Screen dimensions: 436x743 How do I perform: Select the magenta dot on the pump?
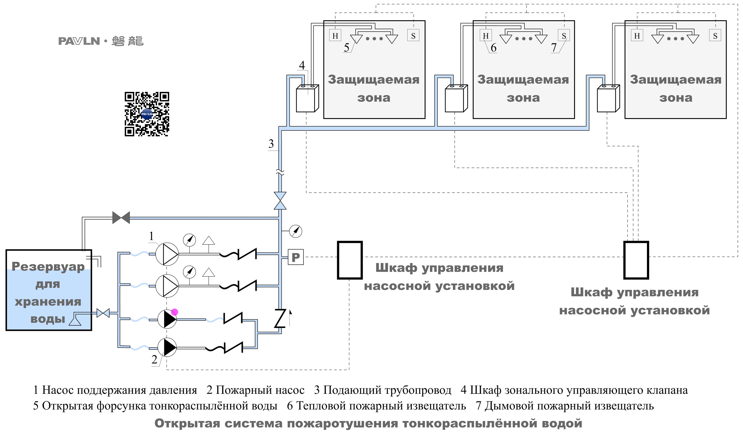point(175,312)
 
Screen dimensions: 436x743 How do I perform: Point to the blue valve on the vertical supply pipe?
point(280,201)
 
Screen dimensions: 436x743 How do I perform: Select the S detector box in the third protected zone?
point(715,36)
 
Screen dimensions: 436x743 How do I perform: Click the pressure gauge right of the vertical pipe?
point(296,231)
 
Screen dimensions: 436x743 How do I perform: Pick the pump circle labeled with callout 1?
point(167,254)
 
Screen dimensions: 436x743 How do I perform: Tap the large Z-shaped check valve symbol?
point(280,318)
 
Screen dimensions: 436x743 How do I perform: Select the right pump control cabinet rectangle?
point(636,260)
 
